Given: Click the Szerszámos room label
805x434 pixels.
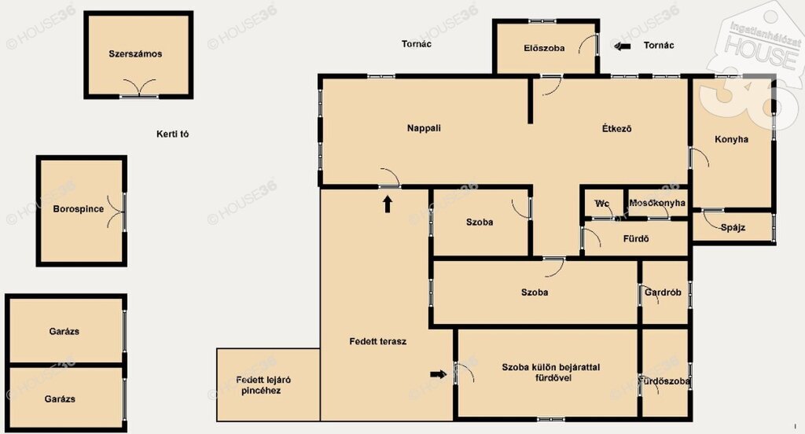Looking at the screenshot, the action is coord(135,53).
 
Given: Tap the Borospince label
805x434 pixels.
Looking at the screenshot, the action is coord(78,209).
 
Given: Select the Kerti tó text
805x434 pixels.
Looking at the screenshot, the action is coord(172,134).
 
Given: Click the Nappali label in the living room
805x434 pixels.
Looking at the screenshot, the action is coord(424,128).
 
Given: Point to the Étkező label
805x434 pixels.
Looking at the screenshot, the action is coord(616,128).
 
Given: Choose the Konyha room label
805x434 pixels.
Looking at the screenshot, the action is coord(731,139).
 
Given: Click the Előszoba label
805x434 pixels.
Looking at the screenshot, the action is coord(544,48).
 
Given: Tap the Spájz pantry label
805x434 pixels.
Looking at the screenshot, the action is coord(733,227).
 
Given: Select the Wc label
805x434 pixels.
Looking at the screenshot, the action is coord(601,204).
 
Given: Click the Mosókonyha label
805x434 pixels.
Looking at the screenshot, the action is coord(657,203).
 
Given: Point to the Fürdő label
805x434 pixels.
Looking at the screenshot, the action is coord(635,239).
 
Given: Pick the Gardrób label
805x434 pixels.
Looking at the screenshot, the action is coord(663,292).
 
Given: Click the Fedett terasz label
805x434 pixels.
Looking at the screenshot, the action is coord(378,341).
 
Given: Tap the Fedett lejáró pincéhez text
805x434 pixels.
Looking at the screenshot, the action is coord(263,385).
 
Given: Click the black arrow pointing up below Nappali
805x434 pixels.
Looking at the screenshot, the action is coord(388,204).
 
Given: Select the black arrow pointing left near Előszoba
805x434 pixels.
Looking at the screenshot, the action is coord(623,46).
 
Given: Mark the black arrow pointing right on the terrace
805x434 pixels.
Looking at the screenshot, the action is coord(439,374).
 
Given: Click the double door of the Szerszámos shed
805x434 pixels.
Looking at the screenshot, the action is coord(139,88).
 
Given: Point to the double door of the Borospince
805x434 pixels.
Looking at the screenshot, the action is coord(116,211).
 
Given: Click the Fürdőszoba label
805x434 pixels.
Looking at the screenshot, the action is coord(665,381).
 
